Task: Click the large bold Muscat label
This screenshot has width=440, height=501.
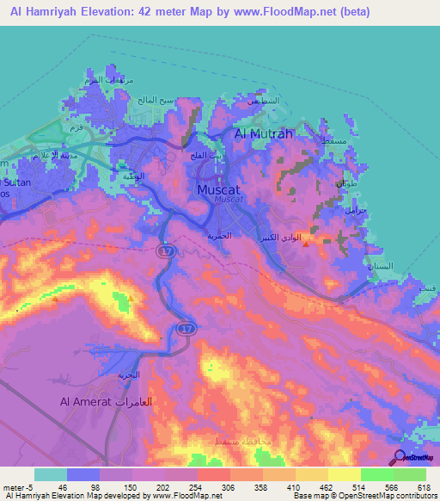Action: (x=223, y=189)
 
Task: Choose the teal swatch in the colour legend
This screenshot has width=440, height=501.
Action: (x=51, y=474)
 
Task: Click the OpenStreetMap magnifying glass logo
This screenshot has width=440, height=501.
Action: (x=398, y=459)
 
